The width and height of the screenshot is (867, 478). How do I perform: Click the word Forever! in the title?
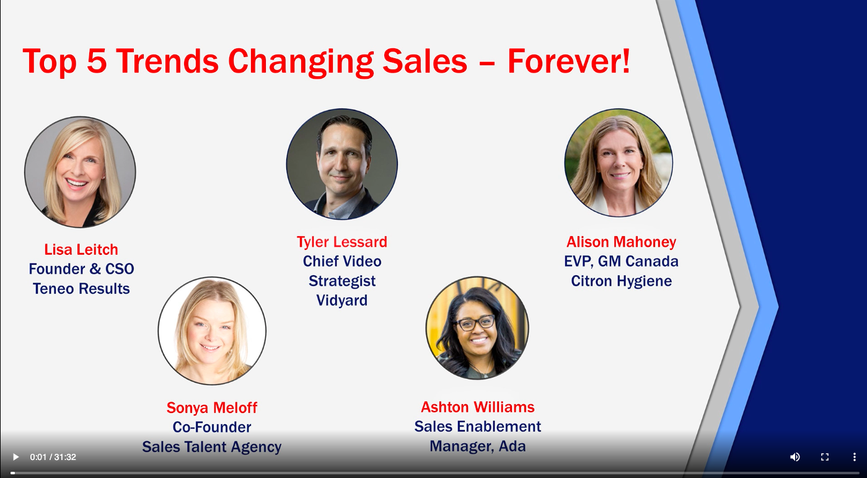[569, 61]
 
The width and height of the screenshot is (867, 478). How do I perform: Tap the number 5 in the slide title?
[97, 61]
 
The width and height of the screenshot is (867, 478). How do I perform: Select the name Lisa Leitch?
[81, 249]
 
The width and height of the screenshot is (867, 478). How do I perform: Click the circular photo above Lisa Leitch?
[80, 172]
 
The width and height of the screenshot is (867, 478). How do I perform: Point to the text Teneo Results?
[81, 288]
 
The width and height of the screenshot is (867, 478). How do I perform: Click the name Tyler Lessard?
[341, 242]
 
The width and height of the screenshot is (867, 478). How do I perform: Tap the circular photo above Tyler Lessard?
[341, 164]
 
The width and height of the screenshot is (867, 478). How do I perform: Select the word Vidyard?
[341, 301]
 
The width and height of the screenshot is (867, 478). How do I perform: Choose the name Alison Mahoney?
[621, 242]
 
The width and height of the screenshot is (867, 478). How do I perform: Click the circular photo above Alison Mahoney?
[618, 162]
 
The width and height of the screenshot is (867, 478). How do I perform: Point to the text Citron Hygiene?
[621, 281]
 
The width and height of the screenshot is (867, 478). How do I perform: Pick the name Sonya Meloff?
[212, 407]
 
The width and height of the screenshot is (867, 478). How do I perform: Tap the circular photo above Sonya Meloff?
[212, 331]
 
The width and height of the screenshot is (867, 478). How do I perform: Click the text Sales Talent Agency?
[212, 447]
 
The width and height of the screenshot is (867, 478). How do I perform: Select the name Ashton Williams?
[478, 407]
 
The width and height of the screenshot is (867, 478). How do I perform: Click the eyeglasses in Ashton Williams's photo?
[474, 322]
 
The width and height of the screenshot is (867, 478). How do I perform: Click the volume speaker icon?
[794, 457]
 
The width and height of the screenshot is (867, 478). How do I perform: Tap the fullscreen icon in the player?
[825, 457]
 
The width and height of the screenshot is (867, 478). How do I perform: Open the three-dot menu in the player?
[854, 457]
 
